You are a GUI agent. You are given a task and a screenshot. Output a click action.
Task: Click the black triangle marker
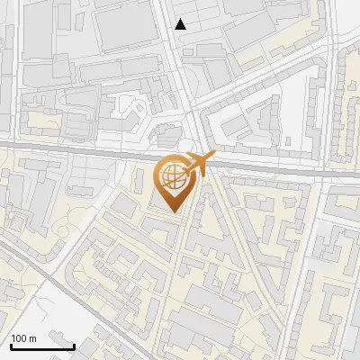tap(181, 24)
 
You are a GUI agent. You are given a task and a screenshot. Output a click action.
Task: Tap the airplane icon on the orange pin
tap(196, 165)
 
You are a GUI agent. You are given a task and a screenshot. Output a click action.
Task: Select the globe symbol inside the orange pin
tap(175, 178)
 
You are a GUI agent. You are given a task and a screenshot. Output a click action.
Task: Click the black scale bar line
tap(41, 346)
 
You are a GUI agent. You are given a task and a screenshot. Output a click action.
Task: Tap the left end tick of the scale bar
tap(10, 344)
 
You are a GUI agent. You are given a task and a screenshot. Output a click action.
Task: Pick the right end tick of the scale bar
tap(74, 344)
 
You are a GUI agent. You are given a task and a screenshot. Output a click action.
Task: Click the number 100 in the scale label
tap(20, 337)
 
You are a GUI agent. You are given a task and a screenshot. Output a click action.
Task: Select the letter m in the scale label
tap(32, 337)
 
